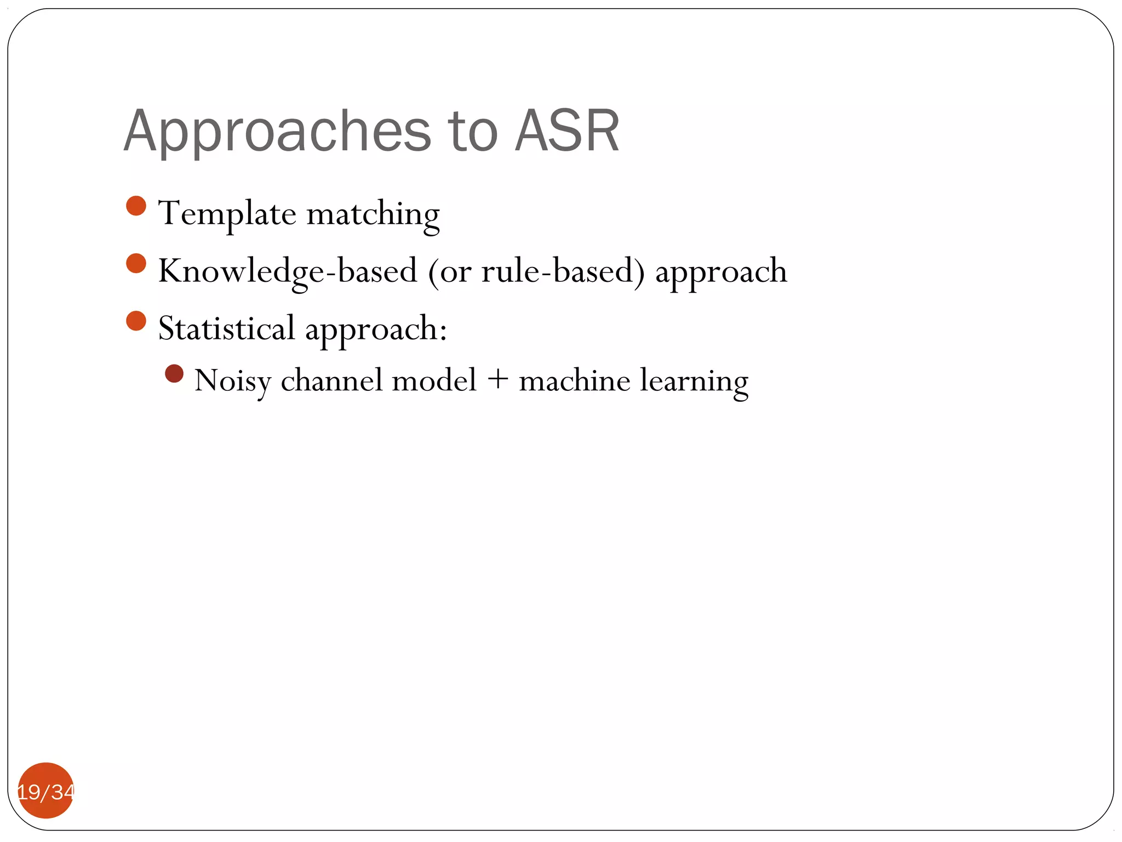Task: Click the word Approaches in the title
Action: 277,132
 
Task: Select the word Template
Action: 227,214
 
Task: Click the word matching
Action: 373,215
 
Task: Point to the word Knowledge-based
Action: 288,271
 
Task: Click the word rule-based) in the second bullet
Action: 563,271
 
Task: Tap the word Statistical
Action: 226,329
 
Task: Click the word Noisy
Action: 232,381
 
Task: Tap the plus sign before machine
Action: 497,380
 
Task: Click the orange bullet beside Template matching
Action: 136,206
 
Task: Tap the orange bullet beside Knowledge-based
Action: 136,263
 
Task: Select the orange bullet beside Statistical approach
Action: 136,321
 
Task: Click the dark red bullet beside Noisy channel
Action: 174,374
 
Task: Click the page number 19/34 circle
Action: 46,790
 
